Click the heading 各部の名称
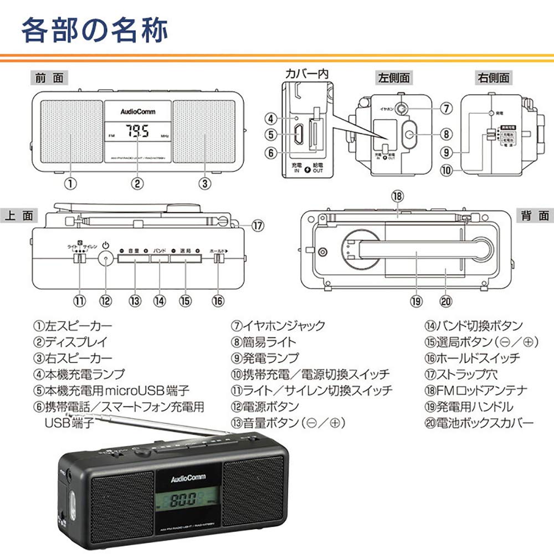[94, 30]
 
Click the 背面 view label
[534, 216]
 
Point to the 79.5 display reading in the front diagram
[136, 132]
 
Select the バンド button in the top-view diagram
[160, 252]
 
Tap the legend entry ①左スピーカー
[72, 326]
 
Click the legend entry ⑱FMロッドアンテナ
[476, 391]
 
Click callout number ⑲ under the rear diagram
[417, 301]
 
